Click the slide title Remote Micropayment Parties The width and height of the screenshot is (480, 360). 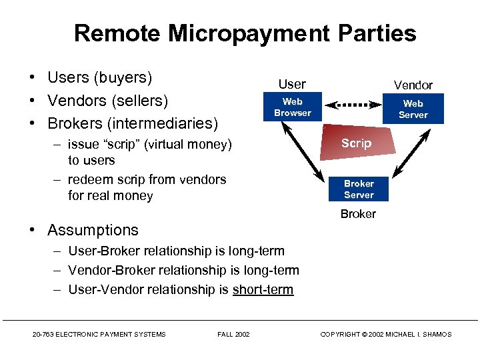pos(245,33)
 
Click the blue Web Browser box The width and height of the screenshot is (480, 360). pos(292,107)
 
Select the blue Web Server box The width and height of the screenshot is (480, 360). pos(413,109)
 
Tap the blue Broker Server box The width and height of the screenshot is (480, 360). pos(359,189)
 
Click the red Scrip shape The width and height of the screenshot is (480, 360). pos(355,143)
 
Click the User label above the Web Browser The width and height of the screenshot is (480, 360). pos(292,84)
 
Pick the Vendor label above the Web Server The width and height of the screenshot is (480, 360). pos(413,85)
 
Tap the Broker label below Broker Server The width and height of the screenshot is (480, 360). pos(358,214)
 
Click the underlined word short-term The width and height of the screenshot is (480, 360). pos(263,289)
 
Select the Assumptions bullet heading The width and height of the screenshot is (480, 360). pos(93,230)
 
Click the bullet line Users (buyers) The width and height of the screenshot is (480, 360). pos(100,77)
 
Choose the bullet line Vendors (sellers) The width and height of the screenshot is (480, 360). pos(107,101)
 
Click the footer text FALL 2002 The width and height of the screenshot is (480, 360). pos(233,334)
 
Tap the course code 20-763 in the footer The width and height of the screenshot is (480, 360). pos(44,334)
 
